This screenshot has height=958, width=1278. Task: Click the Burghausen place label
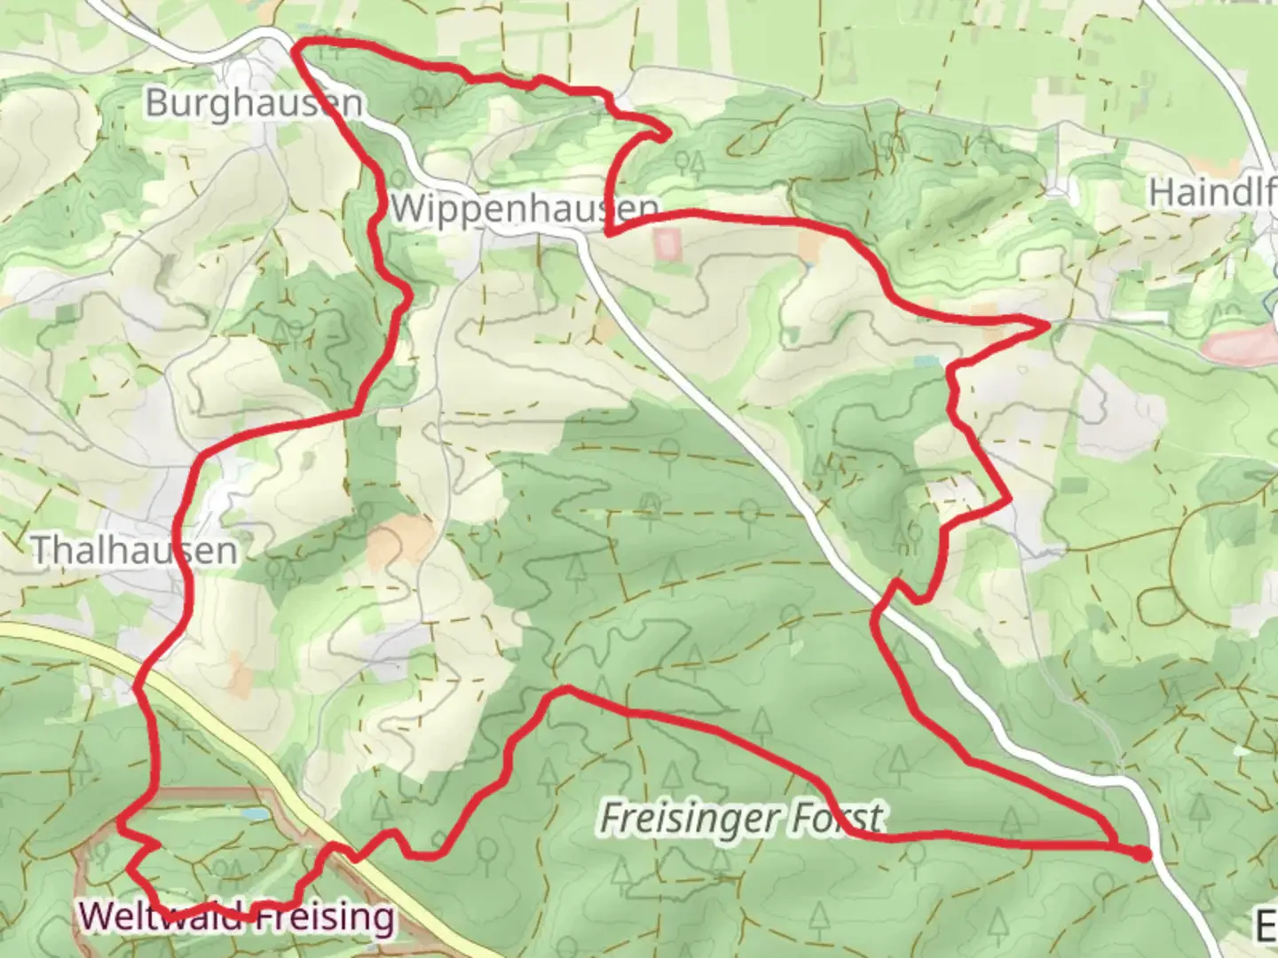pyautogui.click(x=254, y=103)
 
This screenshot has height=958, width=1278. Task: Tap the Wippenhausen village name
pyautogui.click(x=524, y=209)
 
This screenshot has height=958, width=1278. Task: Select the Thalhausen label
pyautogui.click(x=134, y=551)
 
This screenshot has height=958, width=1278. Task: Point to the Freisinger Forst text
pyautogui.click(x=742, y=818)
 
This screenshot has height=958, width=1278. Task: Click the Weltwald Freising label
pyautogui.click(x=237, y=915)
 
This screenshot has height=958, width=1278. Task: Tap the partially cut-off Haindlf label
pyautogui.click(x=1212, y=192)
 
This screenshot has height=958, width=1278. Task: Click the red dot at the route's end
pyautogui.click(x=1141, y=853)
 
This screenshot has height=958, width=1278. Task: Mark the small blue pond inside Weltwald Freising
pyautogui.click(x=255, y=813)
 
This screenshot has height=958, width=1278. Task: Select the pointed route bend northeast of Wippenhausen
pyautogui.click(x=666, y=134)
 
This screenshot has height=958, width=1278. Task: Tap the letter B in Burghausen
pyautogui.click(x=156, y=103)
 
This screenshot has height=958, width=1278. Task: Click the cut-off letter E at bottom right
pyautogui.click(x=1267, y=924)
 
